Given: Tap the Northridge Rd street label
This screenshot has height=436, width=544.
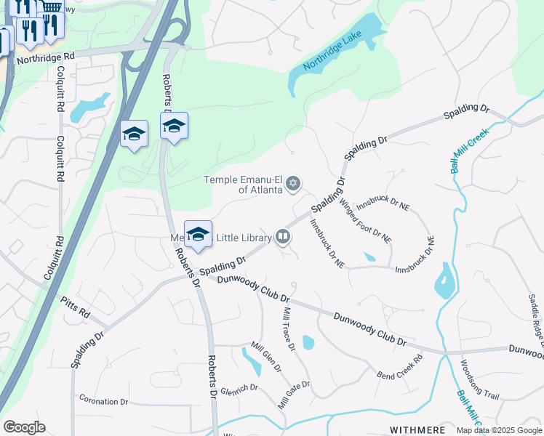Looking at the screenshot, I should pyautogui.click(x=45, y=56).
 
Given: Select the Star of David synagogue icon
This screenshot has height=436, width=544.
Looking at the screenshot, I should pyautogui.click(x=293, y=183).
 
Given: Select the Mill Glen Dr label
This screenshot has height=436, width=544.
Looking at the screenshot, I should pyautogui.click(x=265, y=358).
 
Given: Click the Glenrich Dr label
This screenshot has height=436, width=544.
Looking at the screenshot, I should pyautogui.click(x=239, y=387).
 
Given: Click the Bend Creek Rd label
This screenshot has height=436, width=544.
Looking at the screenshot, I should pyautogui.click(x=400, y=368).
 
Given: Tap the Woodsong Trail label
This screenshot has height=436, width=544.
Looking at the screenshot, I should pyautogui.click(x=479, y=380).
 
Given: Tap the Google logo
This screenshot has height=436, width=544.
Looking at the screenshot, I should pyautogui.click(x=24, y=427).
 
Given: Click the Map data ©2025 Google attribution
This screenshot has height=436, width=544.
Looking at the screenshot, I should pyautogui.click(x=499, y=430).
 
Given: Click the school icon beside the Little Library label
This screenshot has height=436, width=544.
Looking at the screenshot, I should pyautogui.click(x=198, y=235).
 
